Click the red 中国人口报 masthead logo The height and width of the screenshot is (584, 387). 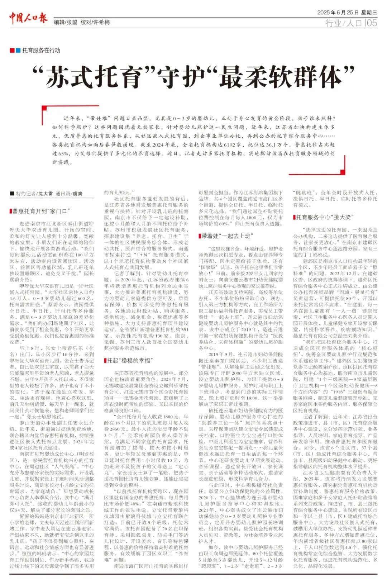[x=28, y=18]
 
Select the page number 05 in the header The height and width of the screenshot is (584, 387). [x=372, y=23]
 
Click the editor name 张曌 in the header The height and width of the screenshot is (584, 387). [x=72, y=22]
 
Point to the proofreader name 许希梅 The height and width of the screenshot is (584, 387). [x=101, y=22]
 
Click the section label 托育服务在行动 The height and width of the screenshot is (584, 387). [x=41, y=51]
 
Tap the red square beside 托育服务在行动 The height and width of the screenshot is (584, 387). [x=12, y=51]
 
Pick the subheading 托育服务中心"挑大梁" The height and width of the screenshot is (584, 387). [x=323, y=217]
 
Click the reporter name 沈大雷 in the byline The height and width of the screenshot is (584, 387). [x=46, y=194]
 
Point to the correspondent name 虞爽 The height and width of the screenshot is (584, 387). [x=78, y=194]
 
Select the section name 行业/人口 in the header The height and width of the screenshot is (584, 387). [x=344, y=23]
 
